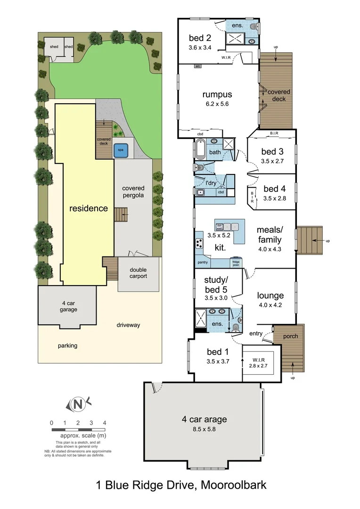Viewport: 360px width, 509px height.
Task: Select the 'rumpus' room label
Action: point(217,94)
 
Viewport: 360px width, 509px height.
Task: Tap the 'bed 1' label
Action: point(217,352)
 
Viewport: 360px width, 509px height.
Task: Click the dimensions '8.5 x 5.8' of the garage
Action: point(205,429)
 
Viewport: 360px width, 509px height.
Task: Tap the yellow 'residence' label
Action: point(89,208)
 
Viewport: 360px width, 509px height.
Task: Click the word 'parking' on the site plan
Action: point(67,345)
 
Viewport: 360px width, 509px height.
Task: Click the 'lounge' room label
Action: point(270,296)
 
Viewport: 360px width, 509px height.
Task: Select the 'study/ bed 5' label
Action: point(216,286)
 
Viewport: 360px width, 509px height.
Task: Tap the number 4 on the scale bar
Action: point(104,422)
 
